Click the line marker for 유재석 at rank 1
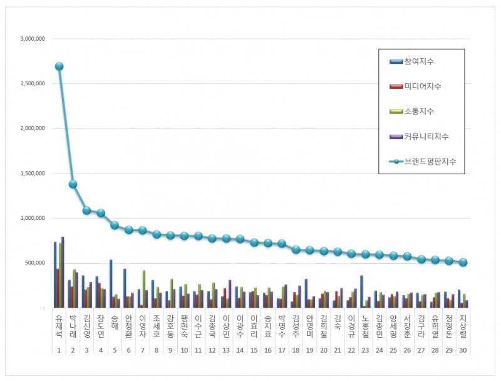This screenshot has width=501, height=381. (x=59, y=66)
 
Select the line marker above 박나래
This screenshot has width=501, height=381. (x=73, y=184)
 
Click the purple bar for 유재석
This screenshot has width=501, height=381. (x=63, y=272)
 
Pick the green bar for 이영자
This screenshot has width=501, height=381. (x=144, y=289)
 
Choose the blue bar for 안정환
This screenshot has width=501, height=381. (x=125, y=288)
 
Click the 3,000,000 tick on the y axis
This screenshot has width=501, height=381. (x=31, y=39)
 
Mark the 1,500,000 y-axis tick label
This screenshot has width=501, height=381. (x=31, y=174)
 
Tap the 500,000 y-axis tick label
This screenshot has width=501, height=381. (x=34, y=263)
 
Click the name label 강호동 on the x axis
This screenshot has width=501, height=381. (x=170, y=326)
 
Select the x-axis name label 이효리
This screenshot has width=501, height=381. (x=254, y=326)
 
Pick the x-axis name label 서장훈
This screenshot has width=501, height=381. (x=406, y=326)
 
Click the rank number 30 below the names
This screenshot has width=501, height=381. (x=462, y=351)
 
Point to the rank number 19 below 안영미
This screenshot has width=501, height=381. (x=309, y=351)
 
